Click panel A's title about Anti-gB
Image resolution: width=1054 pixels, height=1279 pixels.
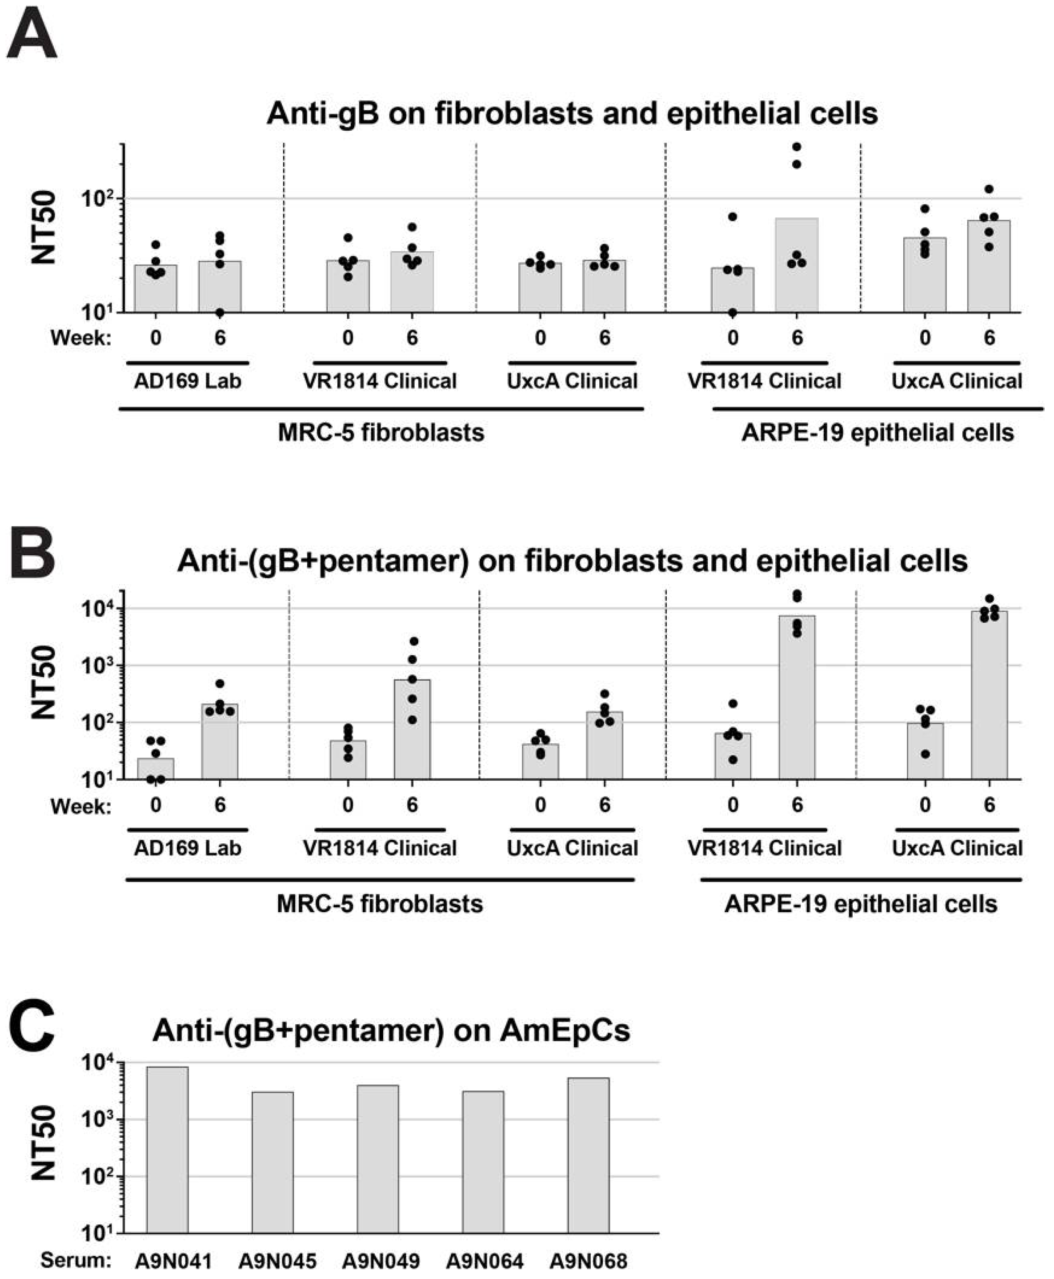[x=572, y=113]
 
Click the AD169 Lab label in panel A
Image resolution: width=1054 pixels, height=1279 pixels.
[x=188, y=381]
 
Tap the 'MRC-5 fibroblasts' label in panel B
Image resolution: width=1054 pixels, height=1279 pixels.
[x=380, y=904]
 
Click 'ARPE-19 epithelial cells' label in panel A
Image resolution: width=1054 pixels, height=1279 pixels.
[x=878, y=433]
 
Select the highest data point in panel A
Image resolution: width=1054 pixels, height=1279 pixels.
[x=797, y=147]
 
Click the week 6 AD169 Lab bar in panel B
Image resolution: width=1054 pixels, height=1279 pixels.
[x=220, y=742]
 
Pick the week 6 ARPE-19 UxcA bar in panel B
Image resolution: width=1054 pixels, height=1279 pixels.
[x=989, y=695]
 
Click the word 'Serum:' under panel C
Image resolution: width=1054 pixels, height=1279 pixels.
[x=76, y=1260]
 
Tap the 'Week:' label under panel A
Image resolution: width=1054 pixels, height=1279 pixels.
[x=81, y=337]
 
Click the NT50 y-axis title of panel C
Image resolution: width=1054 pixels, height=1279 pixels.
[x=44, y=1143]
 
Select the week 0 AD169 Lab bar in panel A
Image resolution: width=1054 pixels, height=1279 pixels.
[x=156, y=289]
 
